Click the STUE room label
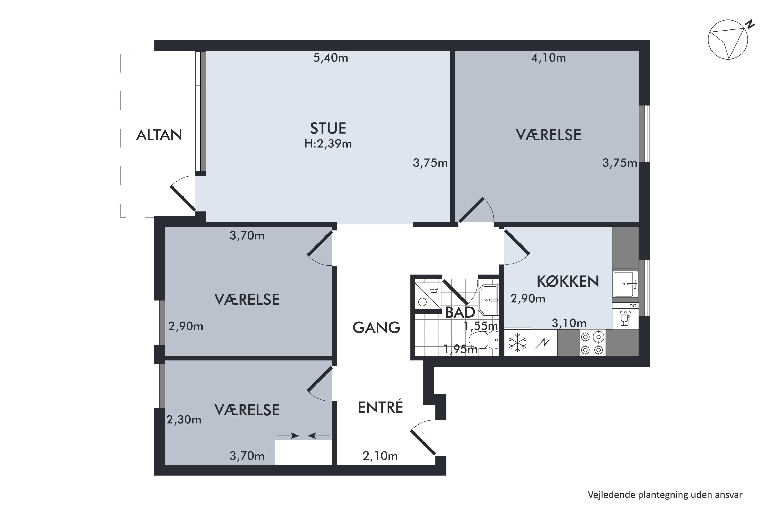[x=328, y=128]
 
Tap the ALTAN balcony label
[x=159, y=135]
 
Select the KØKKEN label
[x=568, y=282]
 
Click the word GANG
[x=376, y=328]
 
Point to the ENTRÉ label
[x=380, y=407]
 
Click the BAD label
[x=460, y=312]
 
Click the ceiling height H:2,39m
[x=328, y=144]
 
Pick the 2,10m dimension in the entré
[x=380, y=456]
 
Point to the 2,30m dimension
[x=184, y=420]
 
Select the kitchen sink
[x=625, y=284]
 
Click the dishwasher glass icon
[x=625, y=318]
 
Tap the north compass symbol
[x=728, y=40]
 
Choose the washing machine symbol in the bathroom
[x=428, y=296]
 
